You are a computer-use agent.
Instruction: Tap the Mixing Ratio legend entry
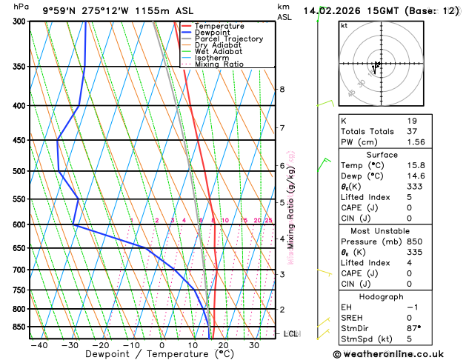[219, 64]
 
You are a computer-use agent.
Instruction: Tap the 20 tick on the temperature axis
[223, 345]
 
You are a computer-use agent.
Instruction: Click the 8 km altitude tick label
[282, 90]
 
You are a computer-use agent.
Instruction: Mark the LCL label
[291, 334]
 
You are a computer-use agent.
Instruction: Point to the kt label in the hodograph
[344, 25]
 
